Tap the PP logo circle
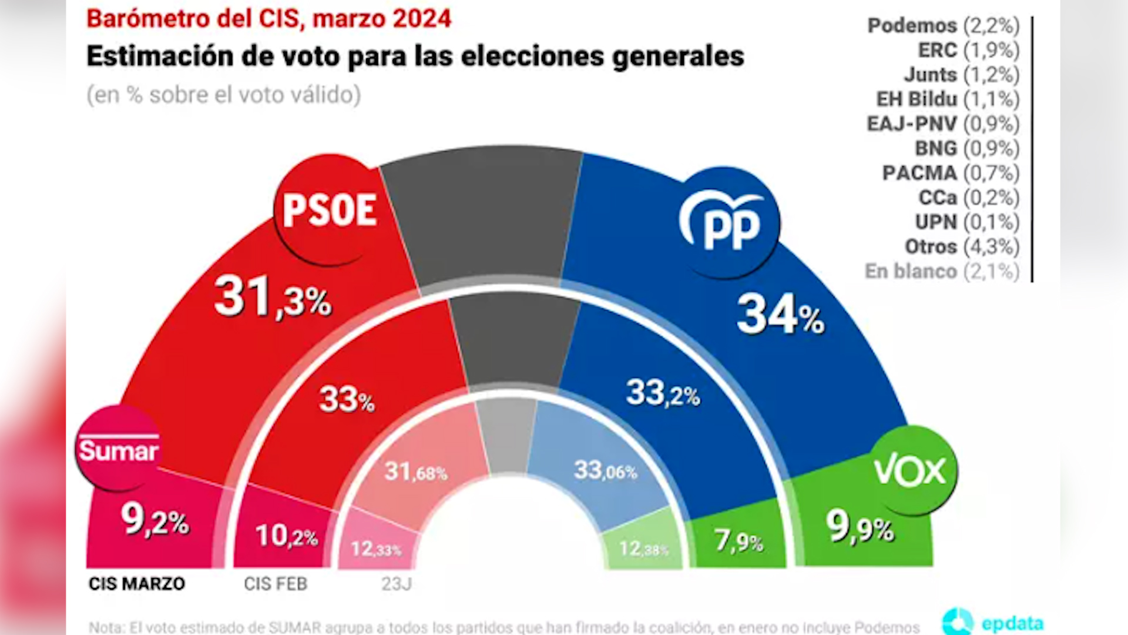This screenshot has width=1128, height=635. (x=728, y=223)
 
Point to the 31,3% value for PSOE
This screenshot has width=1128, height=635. (x=273, y=298)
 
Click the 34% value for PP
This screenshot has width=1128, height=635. (x=780, y=316)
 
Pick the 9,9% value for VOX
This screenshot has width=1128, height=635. (x=860, y=527)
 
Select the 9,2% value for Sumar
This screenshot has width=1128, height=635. (x=155, y=520)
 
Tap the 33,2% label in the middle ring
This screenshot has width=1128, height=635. (x=663, y=393)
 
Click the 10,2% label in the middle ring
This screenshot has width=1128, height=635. (x=286, y=536)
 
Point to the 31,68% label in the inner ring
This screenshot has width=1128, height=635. (x=415, y=472)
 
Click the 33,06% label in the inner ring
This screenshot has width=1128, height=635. (x=605, y=470)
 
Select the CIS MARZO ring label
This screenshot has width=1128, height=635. (x=137, y=584)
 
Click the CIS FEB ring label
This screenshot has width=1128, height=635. (x=276, y=584)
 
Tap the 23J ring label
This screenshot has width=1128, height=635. (x=397, y=584)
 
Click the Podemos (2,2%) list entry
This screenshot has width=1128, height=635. (x=943, y=26)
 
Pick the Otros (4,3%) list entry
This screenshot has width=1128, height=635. (x=962, y=247)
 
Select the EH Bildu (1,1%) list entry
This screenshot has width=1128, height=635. (x=948, y=99)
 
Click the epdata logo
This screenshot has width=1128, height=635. (x=993, y=622)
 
